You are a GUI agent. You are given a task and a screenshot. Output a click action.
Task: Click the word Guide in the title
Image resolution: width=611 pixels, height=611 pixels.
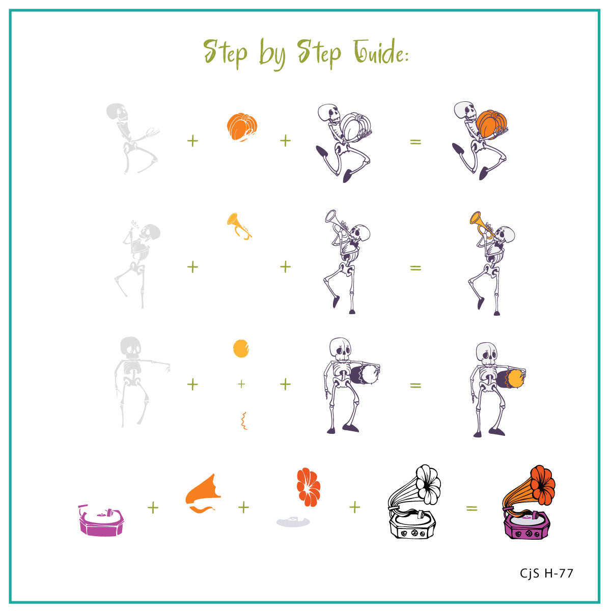click(x=381, y=51)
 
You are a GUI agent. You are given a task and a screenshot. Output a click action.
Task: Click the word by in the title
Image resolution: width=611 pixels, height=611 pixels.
click(x=272, y=54)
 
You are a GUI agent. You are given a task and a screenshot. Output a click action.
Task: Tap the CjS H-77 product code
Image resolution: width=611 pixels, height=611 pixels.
click(x=546, y=573)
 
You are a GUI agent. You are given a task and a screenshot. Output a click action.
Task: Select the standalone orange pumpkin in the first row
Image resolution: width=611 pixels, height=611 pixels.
click(x=242, y=127)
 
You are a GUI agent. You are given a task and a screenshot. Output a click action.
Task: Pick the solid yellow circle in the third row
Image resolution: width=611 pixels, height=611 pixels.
click(x=241, y=348)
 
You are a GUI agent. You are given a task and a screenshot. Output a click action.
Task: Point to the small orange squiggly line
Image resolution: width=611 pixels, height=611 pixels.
click(x=244, y=421)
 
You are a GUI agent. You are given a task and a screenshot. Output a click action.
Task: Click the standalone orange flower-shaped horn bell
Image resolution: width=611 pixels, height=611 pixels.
click(x=308, y=487)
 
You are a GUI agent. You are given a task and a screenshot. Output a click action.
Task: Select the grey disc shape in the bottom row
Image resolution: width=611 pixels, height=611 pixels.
click(x=293, y=521)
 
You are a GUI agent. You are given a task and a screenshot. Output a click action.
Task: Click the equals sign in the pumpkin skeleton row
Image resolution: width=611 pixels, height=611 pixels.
click(x=415, y=142)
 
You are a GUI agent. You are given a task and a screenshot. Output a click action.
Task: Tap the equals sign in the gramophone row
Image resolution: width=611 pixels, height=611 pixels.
click(x=471, y=509)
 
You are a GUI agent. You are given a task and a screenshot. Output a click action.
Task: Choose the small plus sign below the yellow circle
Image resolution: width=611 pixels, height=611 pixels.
click(x=241, y=384)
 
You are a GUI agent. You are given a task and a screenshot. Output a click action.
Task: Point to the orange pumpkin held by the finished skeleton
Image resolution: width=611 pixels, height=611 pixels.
click(x=491, y=124)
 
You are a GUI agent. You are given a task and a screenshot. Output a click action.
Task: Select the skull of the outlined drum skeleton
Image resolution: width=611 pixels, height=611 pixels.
click(x=340, y=349)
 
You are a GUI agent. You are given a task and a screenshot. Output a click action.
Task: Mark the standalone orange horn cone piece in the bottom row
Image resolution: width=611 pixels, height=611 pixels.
click(x=203, y=491)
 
